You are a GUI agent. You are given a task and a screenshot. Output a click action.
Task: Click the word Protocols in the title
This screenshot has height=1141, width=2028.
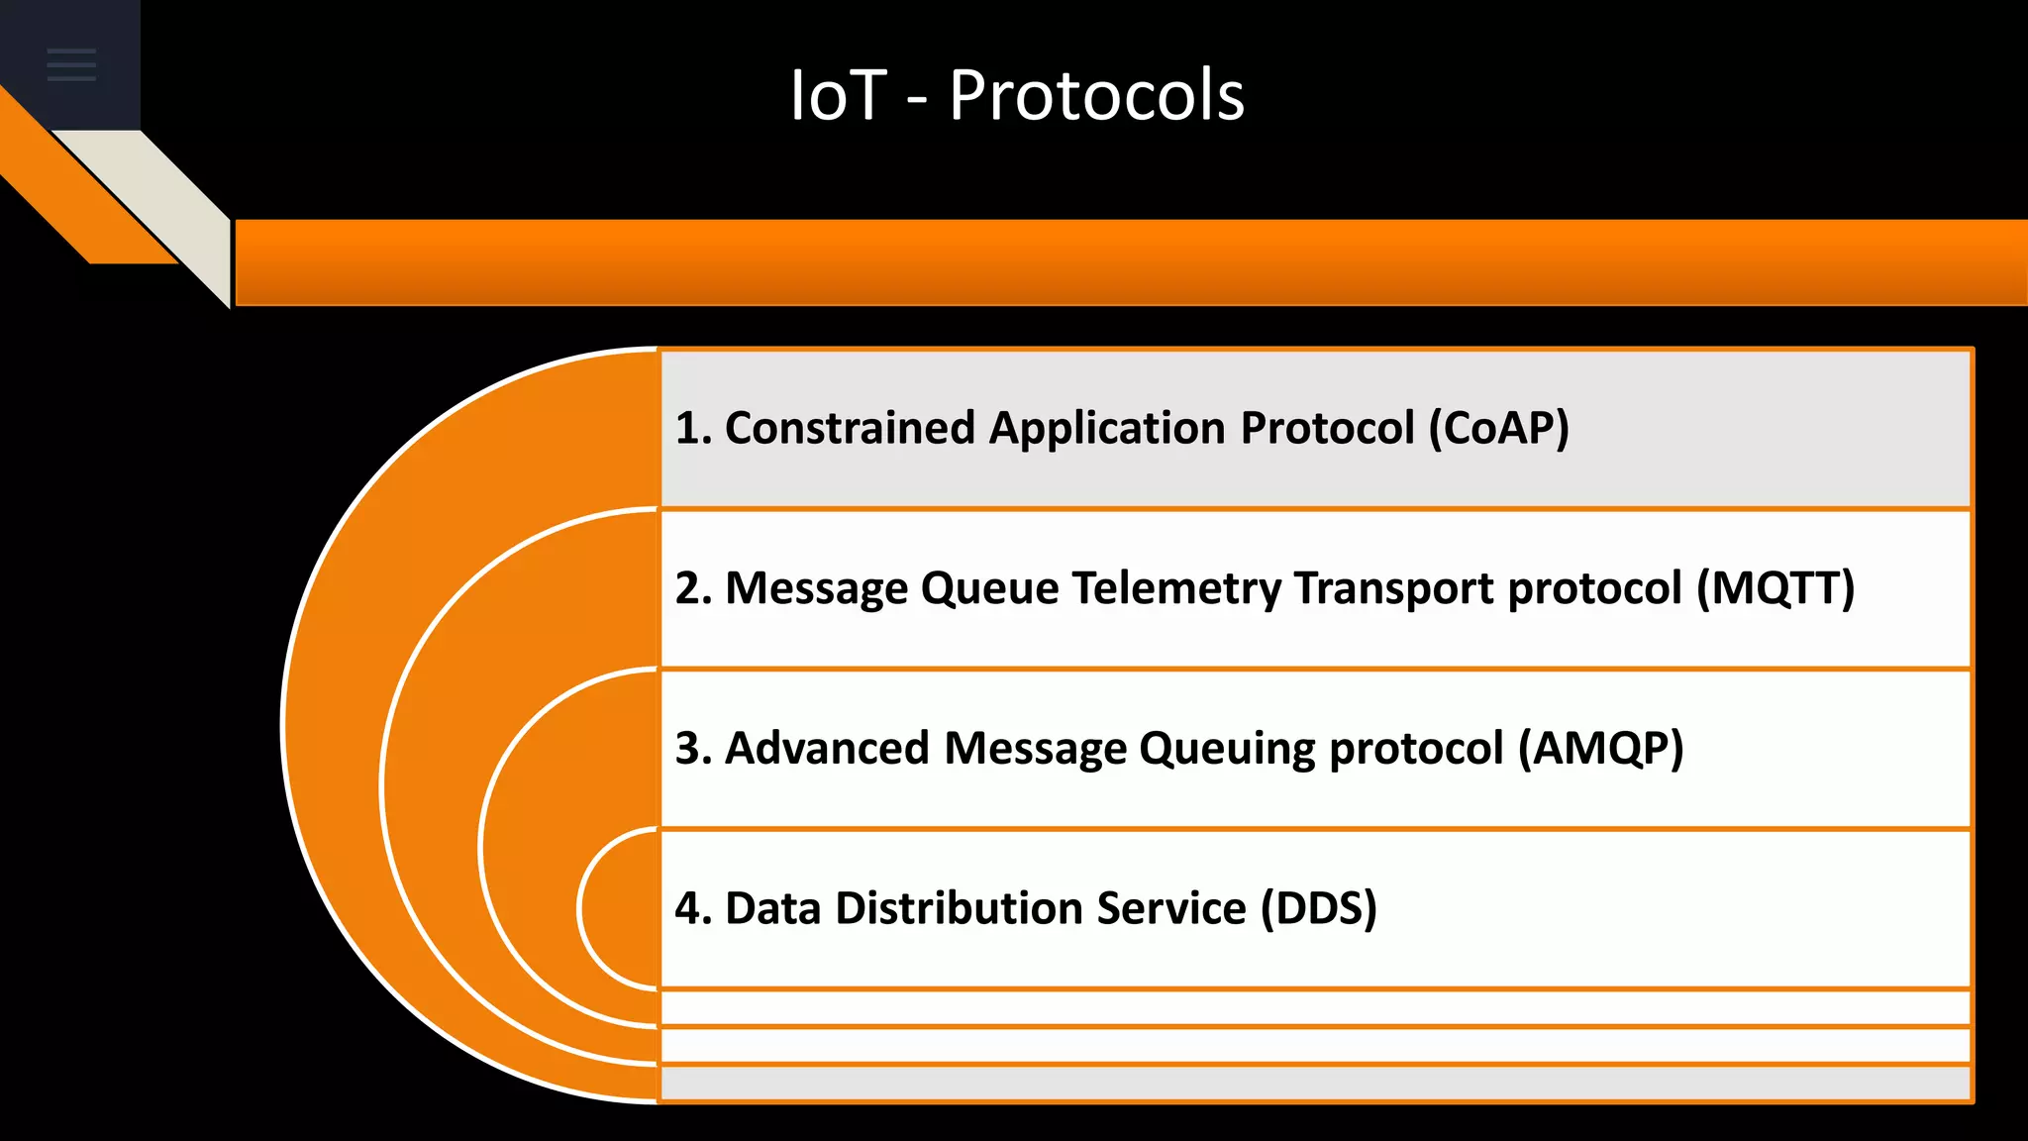[x=1096, y=96]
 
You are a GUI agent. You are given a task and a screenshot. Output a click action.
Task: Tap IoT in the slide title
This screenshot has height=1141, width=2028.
[x=837, y=96]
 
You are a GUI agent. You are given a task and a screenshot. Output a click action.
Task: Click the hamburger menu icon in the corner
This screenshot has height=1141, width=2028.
[x=71, y=64]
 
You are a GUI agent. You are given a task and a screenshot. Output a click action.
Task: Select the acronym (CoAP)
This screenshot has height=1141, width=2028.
[x=1498, y=429]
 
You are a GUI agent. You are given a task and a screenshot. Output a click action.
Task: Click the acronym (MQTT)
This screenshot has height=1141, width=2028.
[x=1774, y=588]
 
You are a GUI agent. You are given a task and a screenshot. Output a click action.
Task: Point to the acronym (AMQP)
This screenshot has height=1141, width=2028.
[x=1600, y=749]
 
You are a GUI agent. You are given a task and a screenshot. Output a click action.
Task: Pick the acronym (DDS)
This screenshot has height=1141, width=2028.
[x=1318, y=909]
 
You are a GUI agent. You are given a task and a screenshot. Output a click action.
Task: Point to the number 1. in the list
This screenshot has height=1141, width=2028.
[x=693, y=429]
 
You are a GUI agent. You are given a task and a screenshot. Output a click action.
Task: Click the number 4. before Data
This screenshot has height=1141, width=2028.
[x=693, y=909]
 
